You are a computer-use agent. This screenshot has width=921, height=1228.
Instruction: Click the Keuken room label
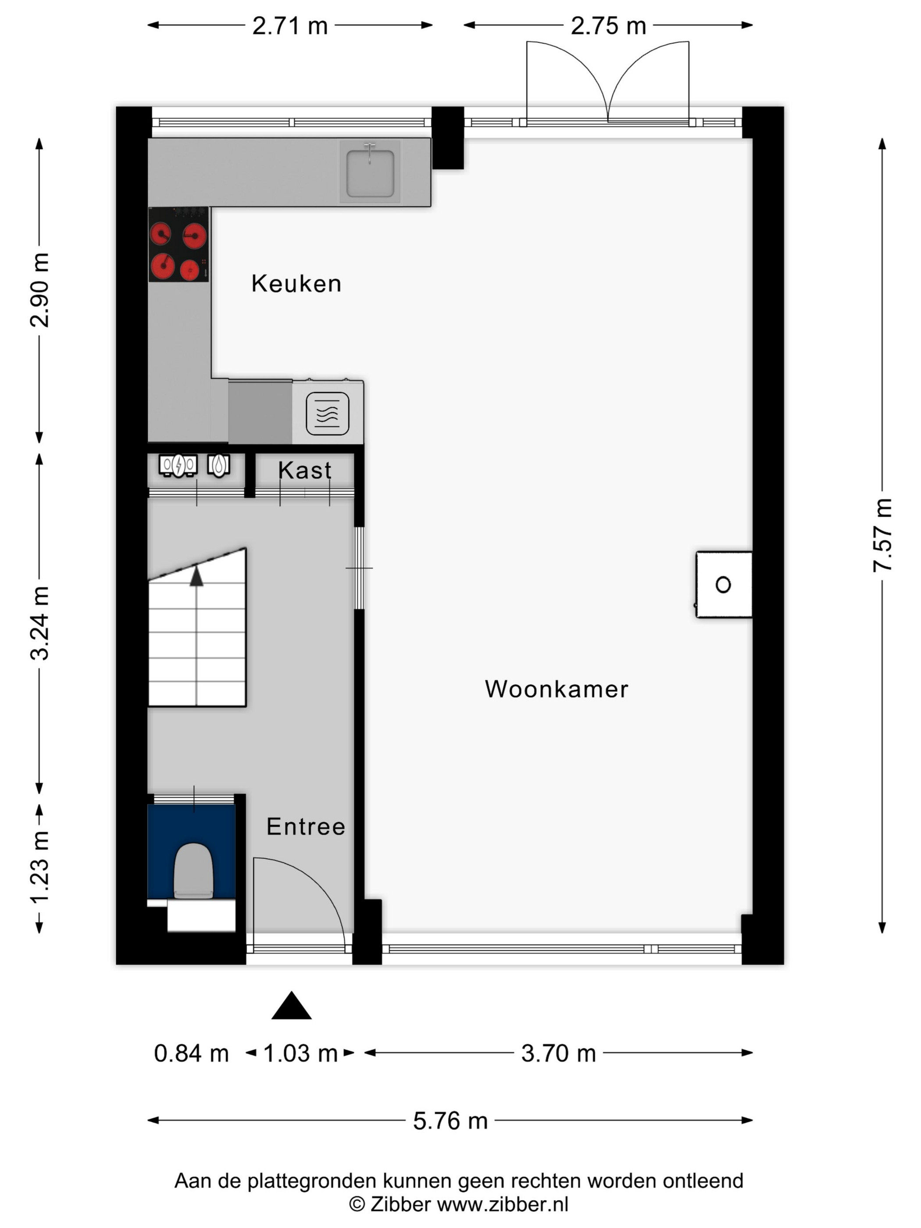pos(296,284)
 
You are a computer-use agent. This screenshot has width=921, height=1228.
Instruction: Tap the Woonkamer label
pos(557,689)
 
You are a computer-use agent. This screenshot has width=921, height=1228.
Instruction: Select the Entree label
pos(306,827)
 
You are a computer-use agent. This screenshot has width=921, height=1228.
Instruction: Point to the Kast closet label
pos(305,470)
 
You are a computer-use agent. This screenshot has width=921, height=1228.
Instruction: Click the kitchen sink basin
pos(370,171)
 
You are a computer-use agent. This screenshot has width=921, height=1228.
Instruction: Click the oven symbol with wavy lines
pos(328,414)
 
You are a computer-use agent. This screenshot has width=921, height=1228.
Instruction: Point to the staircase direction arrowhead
pos(196,576)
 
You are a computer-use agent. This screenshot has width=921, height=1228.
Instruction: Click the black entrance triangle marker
pos(292,1006)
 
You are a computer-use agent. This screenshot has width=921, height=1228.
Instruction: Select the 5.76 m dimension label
pos(450,1121)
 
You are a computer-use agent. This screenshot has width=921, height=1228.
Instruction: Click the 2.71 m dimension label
pos(290,25)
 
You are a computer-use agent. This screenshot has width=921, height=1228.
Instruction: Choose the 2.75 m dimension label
pos(608,25)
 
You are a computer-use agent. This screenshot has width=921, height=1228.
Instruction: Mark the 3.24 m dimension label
pos(39,622)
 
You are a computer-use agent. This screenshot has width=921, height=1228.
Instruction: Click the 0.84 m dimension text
pos(191,1053)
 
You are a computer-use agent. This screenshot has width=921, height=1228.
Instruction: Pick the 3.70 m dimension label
pos(558,1053)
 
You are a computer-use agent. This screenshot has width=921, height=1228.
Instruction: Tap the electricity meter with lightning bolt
pos(178,466)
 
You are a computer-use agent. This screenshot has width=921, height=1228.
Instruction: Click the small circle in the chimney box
pos(723,585)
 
